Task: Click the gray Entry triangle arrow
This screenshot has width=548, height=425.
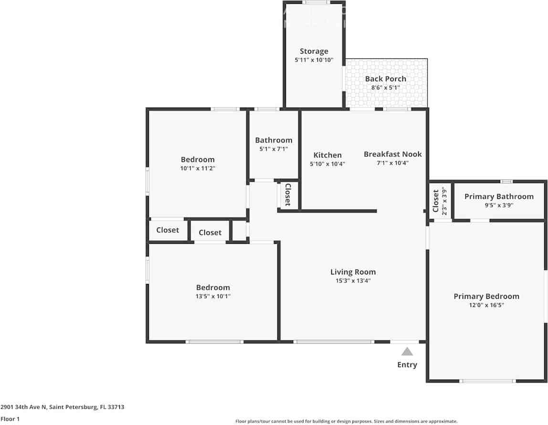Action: click(x=407, y=352)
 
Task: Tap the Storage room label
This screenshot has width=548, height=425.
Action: click(x=314, y=51)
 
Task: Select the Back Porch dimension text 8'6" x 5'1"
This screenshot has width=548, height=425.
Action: click(x=385, y=88)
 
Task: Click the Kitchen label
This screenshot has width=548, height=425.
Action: click(x=327, y=155)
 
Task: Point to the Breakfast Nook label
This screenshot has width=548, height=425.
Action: click(x=392, y=154)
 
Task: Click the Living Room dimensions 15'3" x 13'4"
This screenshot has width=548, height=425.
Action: click(x=353, y=281)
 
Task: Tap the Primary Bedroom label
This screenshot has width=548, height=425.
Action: click(x=486, y=296)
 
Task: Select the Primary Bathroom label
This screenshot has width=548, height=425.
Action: click(x=499, y=196)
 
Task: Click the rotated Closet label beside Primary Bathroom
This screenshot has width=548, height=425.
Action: click(x=435, y=201)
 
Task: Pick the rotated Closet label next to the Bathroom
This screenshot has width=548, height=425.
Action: click(x=288, y=195)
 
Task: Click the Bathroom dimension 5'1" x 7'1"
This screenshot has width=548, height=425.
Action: click(x=274, y=149)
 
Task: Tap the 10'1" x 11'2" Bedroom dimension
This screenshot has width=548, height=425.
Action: click(x=198, y=168)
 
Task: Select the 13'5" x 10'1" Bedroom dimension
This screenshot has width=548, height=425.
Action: click(x=213, y=296)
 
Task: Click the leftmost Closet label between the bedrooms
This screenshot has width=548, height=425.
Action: click(x=168, y=230)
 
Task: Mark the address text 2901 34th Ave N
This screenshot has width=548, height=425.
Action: click(x=62, y=407)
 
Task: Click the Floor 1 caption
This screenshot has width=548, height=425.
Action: click(x=10, y=419)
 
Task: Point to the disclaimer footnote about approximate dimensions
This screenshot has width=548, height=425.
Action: click(x=346, y=421)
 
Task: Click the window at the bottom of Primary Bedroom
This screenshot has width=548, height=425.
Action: click(x=487, y=381)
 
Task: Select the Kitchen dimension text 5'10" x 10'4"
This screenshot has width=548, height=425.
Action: click(x=327, y=164)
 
